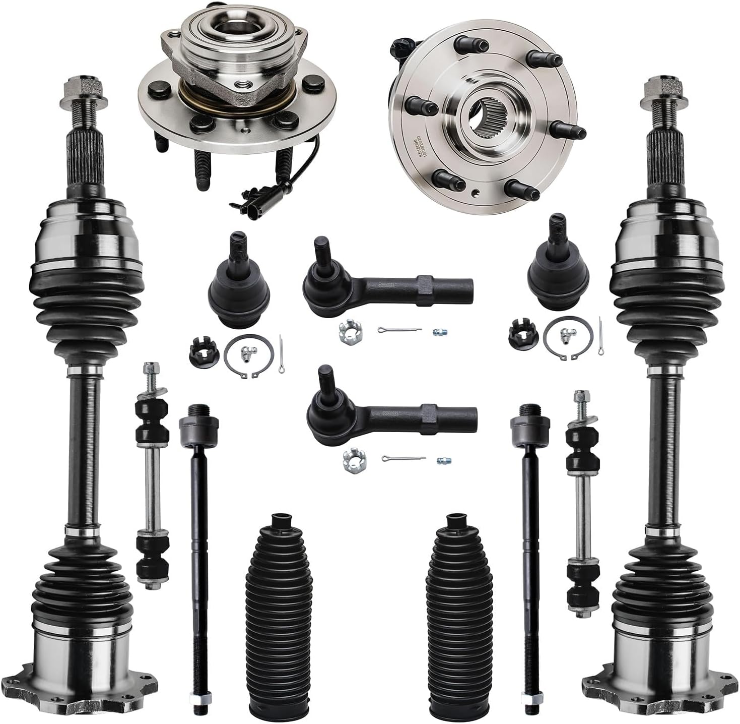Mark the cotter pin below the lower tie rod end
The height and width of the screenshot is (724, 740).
[403, 459]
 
